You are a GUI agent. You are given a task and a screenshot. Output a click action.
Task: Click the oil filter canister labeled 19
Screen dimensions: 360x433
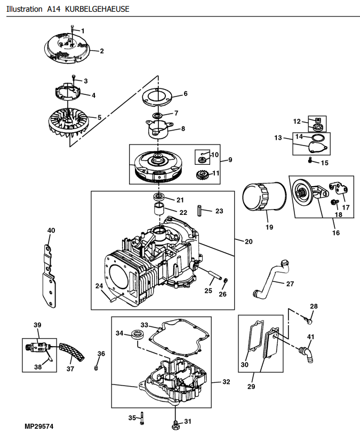point(264,197)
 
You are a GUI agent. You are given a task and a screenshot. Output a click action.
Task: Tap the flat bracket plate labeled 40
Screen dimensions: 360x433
point(49,276)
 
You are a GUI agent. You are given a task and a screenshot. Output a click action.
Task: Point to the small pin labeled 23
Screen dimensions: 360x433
point(199,211)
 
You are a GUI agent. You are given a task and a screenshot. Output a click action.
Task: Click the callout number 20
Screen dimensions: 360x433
point(249,242)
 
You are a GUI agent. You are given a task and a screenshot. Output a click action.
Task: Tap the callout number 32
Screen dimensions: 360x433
point(226,382)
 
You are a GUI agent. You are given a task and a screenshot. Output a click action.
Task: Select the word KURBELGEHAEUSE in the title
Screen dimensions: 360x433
point(97,9)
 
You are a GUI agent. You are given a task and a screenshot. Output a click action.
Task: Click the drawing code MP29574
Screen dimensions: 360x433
point(39,427)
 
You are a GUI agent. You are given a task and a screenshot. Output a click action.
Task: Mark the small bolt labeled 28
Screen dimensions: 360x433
point(309,320)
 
